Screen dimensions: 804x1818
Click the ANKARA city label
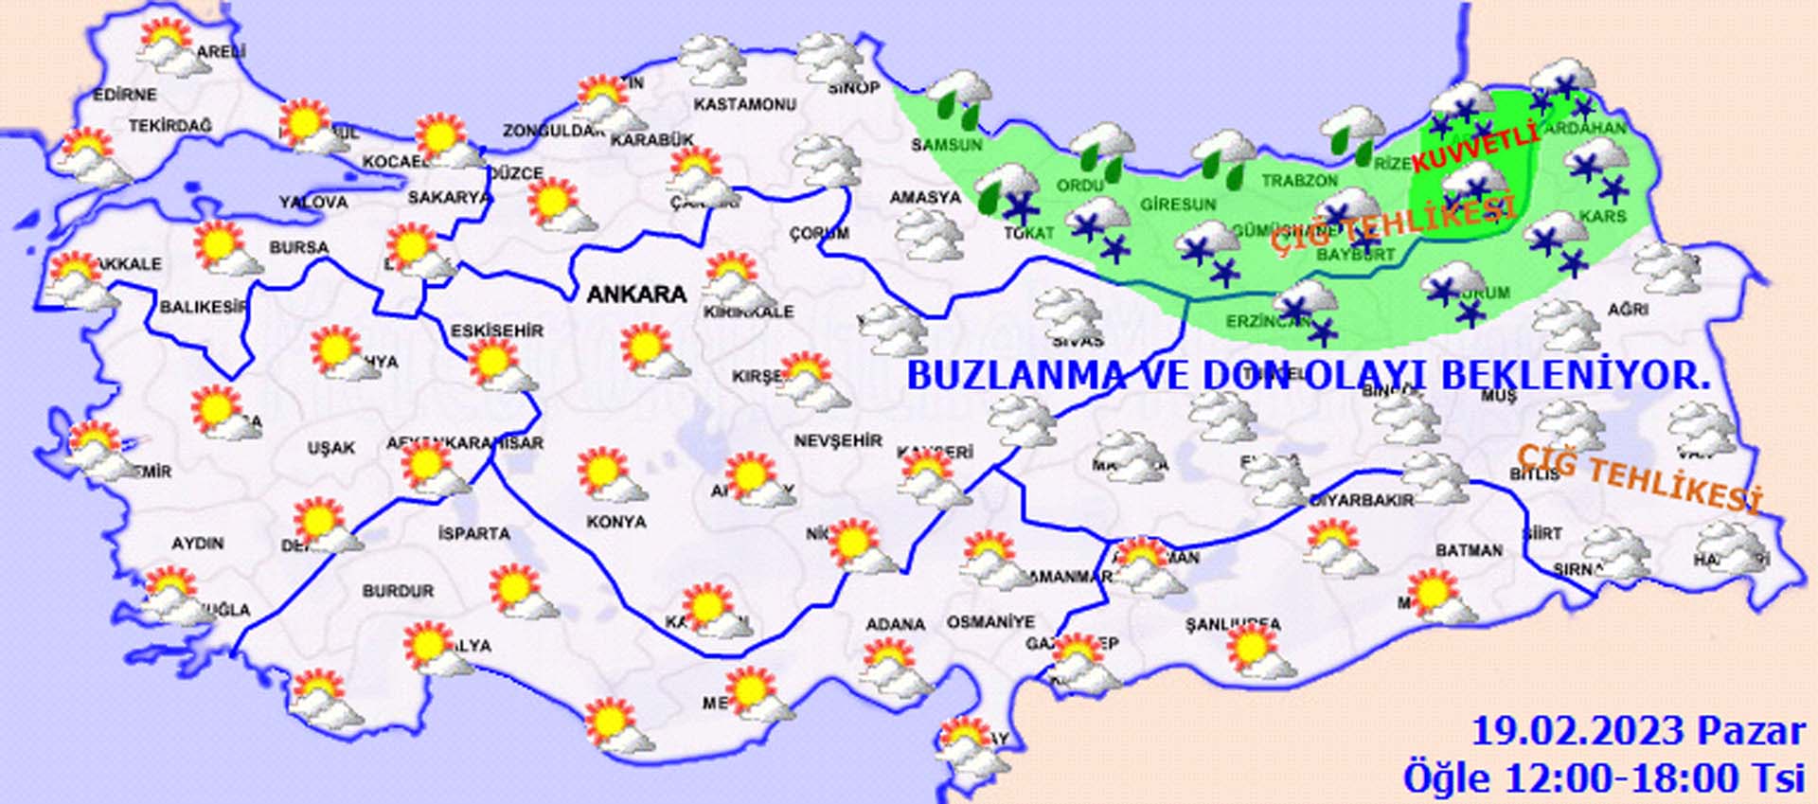tap(636, 295)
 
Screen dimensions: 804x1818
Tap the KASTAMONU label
tap(744, 104)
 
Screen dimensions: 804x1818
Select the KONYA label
tap(615, 522)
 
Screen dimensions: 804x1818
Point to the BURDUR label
tap(398, 591)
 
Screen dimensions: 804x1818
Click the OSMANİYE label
tap(990, 622)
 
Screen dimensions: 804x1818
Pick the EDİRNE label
tap(125, 95)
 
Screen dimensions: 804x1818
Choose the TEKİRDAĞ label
tap(170, 126)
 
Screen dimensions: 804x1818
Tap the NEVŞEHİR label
tap(838, 441)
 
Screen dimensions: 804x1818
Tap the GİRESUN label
tap(1177, 205)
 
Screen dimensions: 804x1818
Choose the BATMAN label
tap(1469, 550)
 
